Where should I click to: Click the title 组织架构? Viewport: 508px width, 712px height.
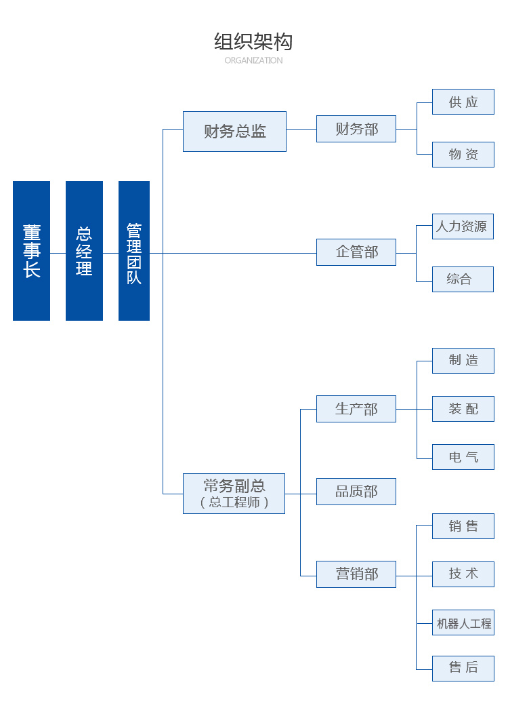(253, 42)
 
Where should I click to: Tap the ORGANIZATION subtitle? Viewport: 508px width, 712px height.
(253, 60)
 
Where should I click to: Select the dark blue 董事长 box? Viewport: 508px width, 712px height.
(31, 251)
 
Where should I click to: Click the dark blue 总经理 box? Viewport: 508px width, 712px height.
(84, 251)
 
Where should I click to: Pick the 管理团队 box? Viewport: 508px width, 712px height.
(134, 251)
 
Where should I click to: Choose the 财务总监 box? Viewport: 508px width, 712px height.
(234, 132)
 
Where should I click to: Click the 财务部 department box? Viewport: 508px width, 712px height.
(356, 129)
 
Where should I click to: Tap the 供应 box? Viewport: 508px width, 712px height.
(463, 102)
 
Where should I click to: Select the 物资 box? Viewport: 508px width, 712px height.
(463, 155)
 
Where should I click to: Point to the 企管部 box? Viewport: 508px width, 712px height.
(356, 252)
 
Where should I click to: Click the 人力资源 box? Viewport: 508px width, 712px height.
(463, 226)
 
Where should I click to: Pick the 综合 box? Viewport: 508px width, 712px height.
(463, 279)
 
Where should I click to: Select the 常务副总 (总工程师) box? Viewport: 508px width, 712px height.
(234, 494)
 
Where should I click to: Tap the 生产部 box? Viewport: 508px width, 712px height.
(356, 409)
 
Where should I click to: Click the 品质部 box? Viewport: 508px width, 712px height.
(356, 492)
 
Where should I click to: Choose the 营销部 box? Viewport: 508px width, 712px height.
(356, 574)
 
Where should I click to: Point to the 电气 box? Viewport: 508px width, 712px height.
(463, 457)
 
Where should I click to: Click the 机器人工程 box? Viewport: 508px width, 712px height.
(463, 622)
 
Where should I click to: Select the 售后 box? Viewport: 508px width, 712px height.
(463, 668)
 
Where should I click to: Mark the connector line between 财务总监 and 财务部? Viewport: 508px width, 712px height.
(301, 129)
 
